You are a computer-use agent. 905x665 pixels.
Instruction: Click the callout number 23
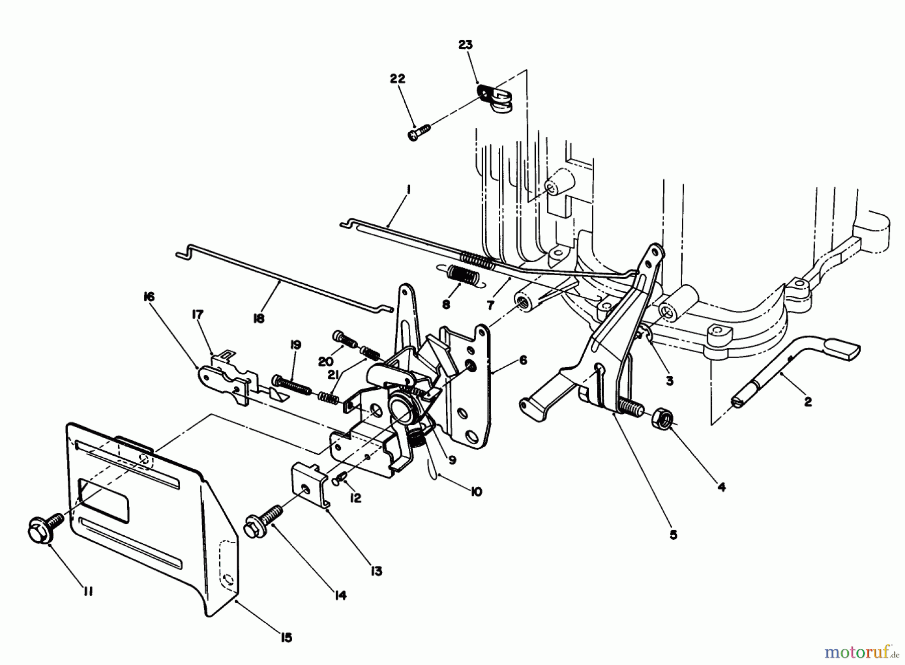pos(466,45)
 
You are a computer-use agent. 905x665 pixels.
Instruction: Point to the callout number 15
pos(286,638)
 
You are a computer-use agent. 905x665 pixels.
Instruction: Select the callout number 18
pos(259,318)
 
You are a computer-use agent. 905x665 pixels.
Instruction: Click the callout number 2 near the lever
pos(807,402)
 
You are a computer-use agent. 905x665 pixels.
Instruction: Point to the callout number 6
pos(523,360)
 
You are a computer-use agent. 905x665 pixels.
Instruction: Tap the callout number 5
pos(673,535)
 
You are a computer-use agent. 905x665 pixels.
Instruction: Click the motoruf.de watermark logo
pos(860,652)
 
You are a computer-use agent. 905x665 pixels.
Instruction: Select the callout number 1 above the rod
pos(409,190)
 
